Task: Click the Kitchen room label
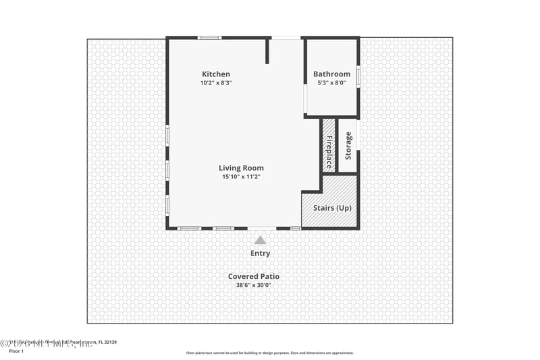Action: (x=216, y=74)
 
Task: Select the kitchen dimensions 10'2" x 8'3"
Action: (x=216, y=83)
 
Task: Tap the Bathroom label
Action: (x=331, y=74)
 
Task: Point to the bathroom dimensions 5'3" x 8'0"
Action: (x=331, y=83)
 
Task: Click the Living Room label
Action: (x=241, y=168)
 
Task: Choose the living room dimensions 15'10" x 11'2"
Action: (x=241, y=177)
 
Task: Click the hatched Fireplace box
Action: (x=329, y=146)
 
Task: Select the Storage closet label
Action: (x=348, y=146)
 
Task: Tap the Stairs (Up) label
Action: (x=332, y=207)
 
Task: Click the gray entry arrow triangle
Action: (x=260, y=240)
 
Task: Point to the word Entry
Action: (x=260, y=253)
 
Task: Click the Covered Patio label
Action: (x=253, y=276)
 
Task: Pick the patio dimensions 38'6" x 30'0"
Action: (x=253, y=285)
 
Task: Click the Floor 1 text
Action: (x=16, y=351)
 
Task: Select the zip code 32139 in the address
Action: (x=109, y=342)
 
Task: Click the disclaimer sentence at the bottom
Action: (x=269, y=353)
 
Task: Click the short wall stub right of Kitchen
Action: (x=267, y=51)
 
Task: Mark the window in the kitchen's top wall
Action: (x=209, y=38)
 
